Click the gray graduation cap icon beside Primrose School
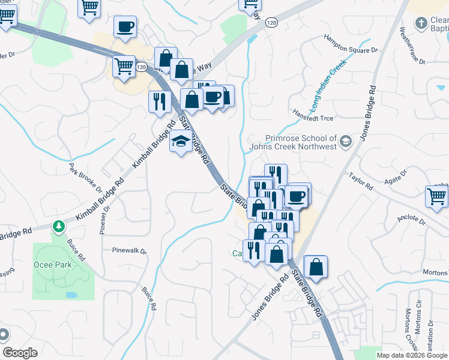345,142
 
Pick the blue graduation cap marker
180,142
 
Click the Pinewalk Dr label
129,250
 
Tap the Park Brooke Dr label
83,175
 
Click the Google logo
20,353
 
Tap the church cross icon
421,23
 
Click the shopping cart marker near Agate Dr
436,196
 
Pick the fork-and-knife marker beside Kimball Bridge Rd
159,101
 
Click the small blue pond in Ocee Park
71,295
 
